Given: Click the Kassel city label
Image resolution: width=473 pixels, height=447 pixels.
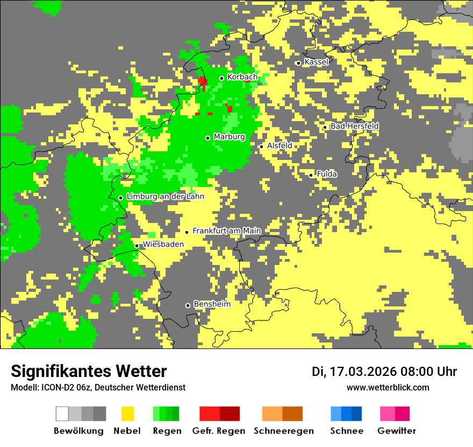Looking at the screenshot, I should [316, 62].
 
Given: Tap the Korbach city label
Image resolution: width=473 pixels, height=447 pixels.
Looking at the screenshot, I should [242, 77].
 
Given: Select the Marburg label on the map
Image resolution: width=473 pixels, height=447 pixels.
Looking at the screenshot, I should [229, 137].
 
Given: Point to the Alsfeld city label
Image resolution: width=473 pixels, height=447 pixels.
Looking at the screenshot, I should [279, 145].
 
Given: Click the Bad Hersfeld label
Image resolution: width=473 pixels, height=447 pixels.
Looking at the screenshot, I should [354, 126].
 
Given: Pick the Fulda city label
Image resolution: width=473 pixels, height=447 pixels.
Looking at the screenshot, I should [327, 174].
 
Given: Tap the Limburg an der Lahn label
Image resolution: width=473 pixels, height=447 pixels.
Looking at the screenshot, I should [165, 197].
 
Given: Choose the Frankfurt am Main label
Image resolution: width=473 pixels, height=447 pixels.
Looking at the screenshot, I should [226, 231].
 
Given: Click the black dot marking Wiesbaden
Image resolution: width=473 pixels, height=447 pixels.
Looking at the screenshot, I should [137, 246].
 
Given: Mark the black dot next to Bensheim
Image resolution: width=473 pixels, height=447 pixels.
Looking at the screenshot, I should [188, 305].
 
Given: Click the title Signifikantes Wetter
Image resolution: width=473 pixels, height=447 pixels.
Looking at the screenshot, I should [89, 371].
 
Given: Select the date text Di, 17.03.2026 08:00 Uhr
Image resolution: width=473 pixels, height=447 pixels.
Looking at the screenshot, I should [384, 372].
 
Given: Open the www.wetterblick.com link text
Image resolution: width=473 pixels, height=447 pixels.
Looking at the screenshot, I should [388, 387].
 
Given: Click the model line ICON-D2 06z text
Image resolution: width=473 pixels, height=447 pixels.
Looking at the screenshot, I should [98, 387].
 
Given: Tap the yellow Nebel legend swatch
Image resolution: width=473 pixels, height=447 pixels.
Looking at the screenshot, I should [127, 414].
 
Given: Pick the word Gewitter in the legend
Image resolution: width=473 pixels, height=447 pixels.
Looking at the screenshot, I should [396, 431].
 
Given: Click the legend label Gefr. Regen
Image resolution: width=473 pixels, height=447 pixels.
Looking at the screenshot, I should [219, 431].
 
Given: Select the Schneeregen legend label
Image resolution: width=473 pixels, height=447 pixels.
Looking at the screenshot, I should [283, 431].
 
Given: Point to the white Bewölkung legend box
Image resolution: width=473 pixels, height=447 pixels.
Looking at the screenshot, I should [62, 414].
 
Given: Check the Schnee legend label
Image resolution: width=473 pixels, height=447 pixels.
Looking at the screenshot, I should [346, 431].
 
